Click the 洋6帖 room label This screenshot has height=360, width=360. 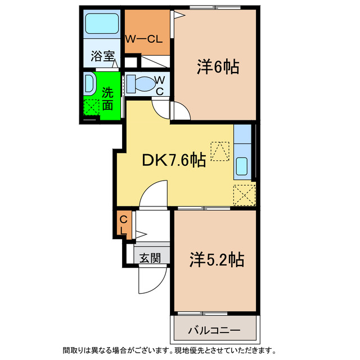[218, 67]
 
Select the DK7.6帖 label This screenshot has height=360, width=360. [173, 161]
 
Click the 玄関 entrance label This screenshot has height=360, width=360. [150, 258]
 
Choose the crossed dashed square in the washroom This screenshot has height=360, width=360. [91, 106]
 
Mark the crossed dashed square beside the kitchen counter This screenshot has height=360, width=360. [244, 195]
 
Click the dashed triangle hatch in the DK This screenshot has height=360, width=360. [220, 150]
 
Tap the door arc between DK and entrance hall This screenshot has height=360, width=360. [152, 194]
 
